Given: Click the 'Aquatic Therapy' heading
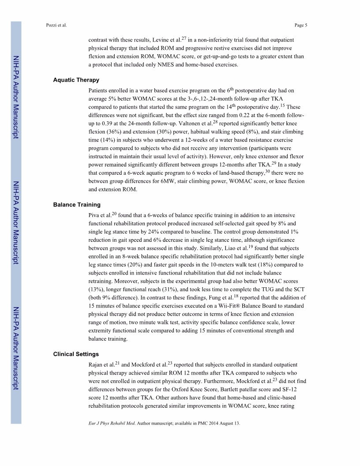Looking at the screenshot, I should point(76,80).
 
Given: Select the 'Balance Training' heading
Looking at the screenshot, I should point(77,205).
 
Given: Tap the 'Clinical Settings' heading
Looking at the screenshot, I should point(76,354).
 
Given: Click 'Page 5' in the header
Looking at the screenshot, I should point(300,25).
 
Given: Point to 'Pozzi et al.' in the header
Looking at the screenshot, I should point(56,25).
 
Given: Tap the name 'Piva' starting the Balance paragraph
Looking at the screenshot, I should point(95,215).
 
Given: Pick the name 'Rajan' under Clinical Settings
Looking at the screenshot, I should point(97,365).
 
